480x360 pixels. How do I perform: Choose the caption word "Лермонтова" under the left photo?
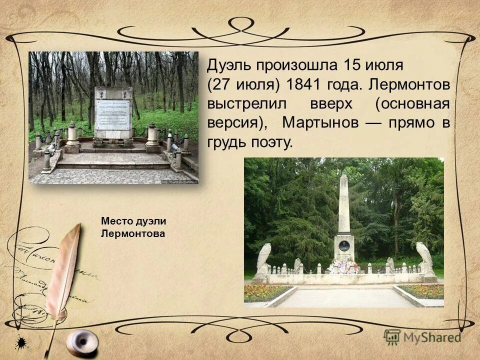pos(132,233)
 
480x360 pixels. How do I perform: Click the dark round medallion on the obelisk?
pos(344,245)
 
